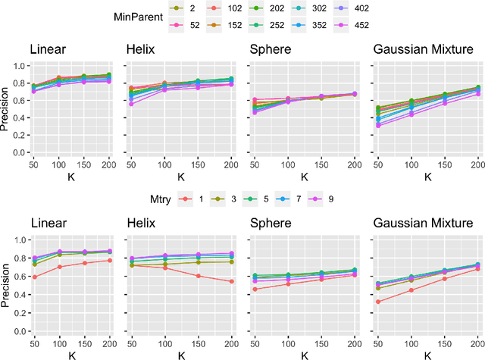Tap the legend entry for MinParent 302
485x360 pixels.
pos(344,8)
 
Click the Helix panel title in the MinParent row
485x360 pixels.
pos(141,50)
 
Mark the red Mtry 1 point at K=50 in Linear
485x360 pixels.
pos(33,277)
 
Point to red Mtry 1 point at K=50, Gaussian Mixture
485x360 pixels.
pos(377,302)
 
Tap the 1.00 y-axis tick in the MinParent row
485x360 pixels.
pos(17,66)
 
